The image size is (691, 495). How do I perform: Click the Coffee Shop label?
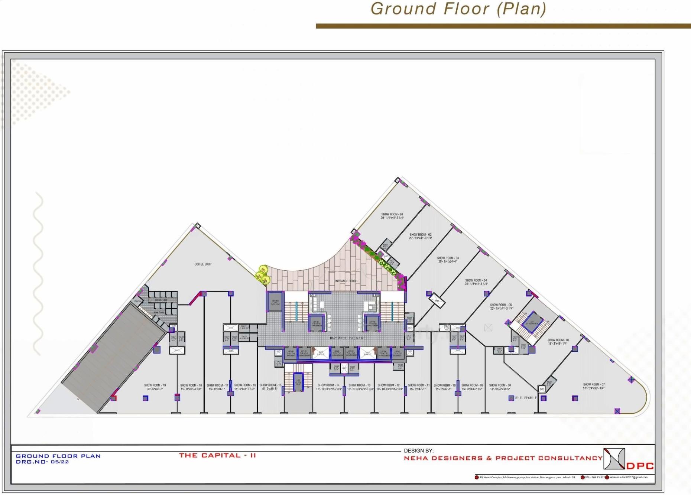point(203,264)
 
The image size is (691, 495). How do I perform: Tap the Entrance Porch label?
point(346,281)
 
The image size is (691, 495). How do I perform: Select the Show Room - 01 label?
point(392,215)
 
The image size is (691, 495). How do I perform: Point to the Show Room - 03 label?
point(448,258)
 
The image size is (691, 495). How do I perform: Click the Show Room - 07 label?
point(594,385)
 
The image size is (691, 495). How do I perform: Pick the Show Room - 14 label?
point(328,385)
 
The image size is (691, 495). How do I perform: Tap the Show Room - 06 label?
point(558,340)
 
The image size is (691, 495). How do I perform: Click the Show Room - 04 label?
point(476,281)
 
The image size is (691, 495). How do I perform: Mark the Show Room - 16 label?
point(245,385)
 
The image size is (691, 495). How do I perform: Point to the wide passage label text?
point(347,338)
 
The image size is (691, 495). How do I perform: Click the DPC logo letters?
point(640,466)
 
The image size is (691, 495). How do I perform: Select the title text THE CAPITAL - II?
point(217,455)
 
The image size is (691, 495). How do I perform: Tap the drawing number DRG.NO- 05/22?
point(42,462)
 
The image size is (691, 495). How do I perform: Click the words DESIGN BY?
point(419,451)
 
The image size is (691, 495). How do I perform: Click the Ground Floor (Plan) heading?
point(458,9)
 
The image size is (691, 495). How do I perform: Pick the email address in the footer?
point(628,478)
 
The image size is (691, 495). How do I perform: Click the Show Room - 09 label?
point(472,385)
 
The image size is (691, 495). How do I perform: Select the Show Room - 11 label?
point(419,385)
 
